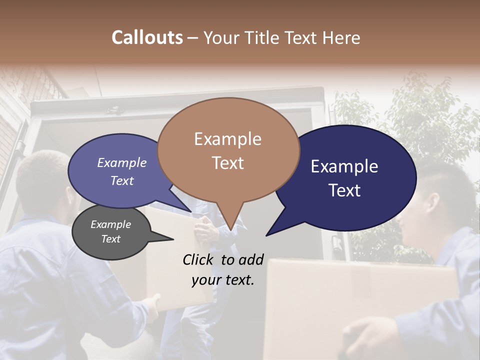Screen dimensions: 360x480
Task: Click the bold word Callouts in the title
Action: pyautogui.click(x=147, y=37)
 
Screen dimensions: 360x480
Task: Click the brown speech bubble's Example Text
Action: pyautogui.click(x=228, y=150)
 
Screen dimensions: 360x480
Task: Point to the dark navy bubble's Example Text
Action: pyautogui.click(x=344, y=178)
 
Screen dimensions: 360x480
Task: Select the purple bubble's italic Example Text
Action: pyautogui.click(x=122, y=171)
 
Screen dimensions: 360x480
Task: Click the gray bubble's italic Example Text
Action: pyautogui.click(x=110, y=231)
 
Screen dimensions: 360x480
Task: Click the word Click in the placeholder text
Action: pyautogui.click(x=199, y=259)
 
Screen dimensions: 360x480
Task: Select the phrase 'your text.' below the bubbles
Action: pyautogui.click(x=223, y=280)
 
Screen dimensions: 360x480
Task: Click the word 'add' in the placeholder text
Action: pyautogui.click(x=251, y=259)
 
